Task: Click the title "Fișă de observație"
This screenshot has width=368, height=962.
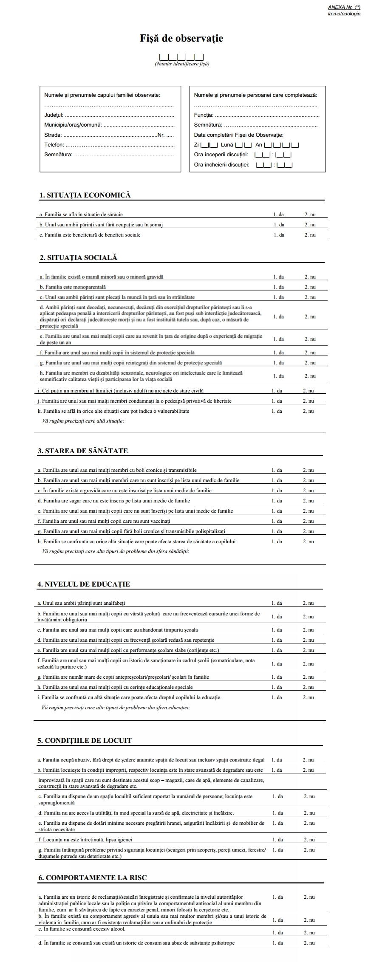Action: point(181,39)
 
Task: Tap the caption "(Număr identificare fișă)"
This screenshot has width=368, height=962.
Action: point(182,64)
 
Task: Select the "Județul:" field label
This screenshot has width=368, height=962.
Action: point(54,115)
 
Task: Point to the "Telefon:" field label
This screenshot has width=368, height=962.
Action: point(54,145)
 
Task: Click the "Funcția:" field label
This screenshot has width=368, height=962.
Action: point(204,115)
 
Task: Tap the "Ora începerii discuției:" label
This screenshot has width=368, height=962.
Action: point(221,155)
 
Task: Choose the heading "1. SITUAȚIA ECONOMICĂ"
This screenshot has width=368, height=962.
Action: point(85,195)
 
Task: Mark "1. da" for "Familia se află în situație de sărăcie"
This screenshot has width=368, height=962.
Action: point(279,214)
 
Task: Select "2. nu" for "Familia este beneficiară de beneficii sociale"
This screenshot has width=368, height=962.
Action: point(310,235)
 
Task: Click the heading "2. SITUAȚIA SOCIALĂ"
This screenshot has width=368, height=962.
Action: point(78,257)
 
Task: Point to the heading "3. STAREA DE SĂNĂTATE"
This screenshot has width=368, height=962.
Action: point(83,451)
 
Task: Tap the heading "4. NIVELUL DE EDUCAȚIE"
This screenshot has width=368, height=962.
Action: point(84,584)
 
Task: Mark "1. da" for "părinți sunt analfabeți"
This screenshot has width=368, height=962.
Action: point(277,603)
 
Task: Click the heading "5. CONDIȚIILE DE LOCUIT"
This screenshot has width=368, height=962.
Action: point(85,740)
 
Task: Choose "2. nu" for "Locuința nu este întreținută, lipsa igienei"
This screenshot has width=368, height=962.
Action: point(309,840)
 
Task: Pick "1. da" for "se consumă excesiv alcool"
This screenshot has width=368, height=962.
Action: point(277,933)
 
